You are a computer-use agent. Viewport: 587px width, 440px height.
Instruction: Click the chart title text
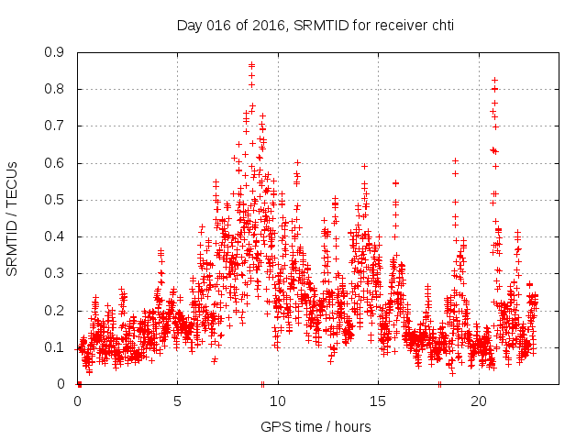point(315,25)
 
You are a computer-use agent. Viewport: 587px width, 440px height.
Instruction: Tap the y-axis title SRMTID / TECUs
point(12,218)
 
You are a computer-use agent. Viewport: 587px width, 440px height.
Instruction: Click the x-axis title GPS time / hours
point(316,426)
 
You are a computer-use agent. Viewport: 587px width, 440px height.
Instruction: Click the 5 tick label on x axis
point(178,401)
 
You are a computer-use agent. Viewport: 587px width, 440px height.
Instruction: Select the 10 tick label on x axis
point(278,401)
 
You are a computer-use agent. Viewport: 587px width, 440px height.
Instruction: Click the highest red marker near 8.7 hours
point(251,65)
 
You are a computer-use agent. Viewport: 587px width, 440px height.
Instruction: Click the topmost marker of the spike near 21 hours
point(494,80)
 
